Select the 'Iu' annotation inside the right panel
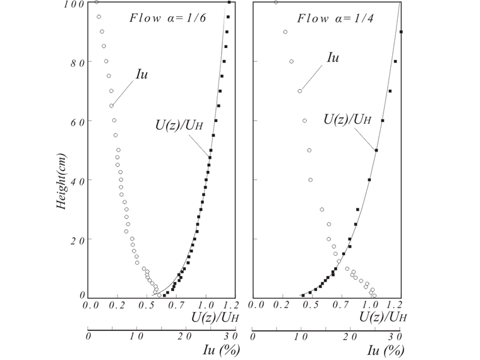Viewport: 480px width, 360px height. coord(333,57)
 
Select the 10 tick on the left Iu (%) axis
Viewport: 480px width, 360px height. coord(135,335)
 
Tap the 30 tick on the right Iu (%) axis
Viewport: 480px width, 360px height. coord(395,335)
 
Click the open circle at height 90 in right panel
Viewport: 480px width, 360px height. coord(285,32)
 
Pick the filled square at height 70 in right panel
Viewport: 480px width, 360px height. coord(390,91)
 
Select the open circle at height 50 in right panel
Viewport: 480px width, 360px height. coord(309,150)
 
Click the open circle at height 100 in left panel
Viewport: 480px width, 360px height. coord(96,2)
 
